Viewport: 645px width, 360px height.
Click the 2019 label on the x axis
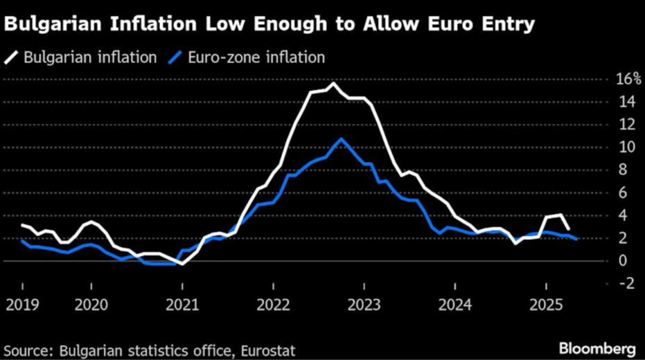pos(22,305)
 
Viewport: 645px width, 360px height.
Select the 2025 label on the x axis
pos(546,305)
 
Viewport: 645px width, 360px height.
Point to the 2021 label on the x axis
pos(183,305)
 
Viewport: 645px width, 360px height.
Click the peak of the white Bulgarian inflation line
pos(333,83)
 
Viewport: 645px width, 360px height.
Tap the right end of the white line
pos(568,229)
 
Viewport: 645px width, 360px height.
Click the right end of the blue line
pos(576,239)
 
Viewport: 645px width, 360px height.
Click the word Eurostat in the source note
pos(269,349)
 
